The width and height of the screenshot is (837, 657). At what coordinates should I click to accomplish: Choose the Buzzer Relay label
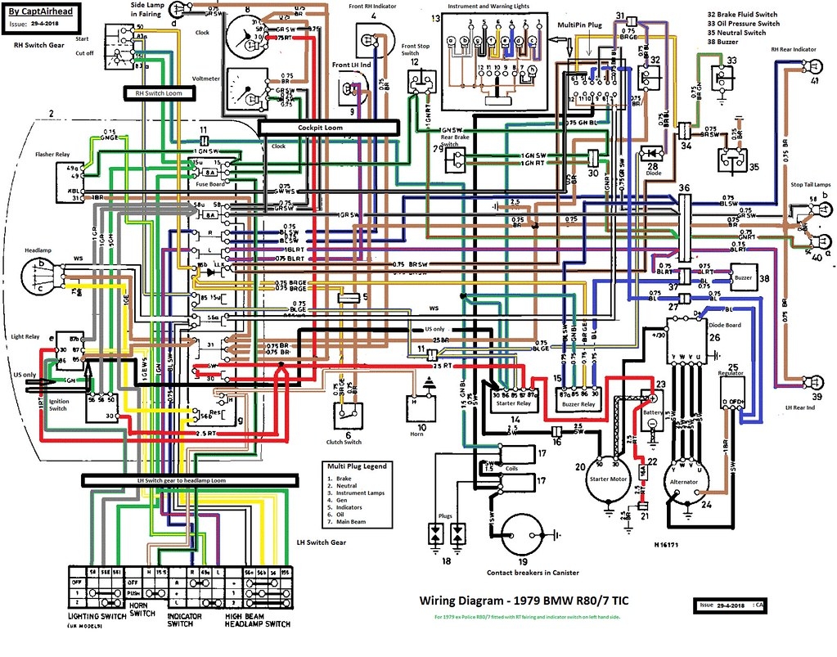pyautogui.click(x=577, y=404)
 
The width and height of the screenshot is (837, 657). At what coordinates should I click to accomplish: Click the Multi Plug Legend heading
pyautogui.click(x=358, y=466)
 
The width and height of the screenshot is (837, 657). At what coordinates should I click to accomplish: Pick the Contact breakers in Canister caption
pyautogui.click(x=529, y=572)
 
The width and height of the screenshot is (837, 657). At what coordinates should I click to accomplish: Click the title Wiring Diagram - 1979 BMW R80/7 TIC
pyautogui.click(x=524, y=601)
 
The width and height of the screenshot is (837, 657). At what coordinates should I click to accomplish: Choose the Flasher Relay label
pyautogui.click(x=51, y=154)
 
